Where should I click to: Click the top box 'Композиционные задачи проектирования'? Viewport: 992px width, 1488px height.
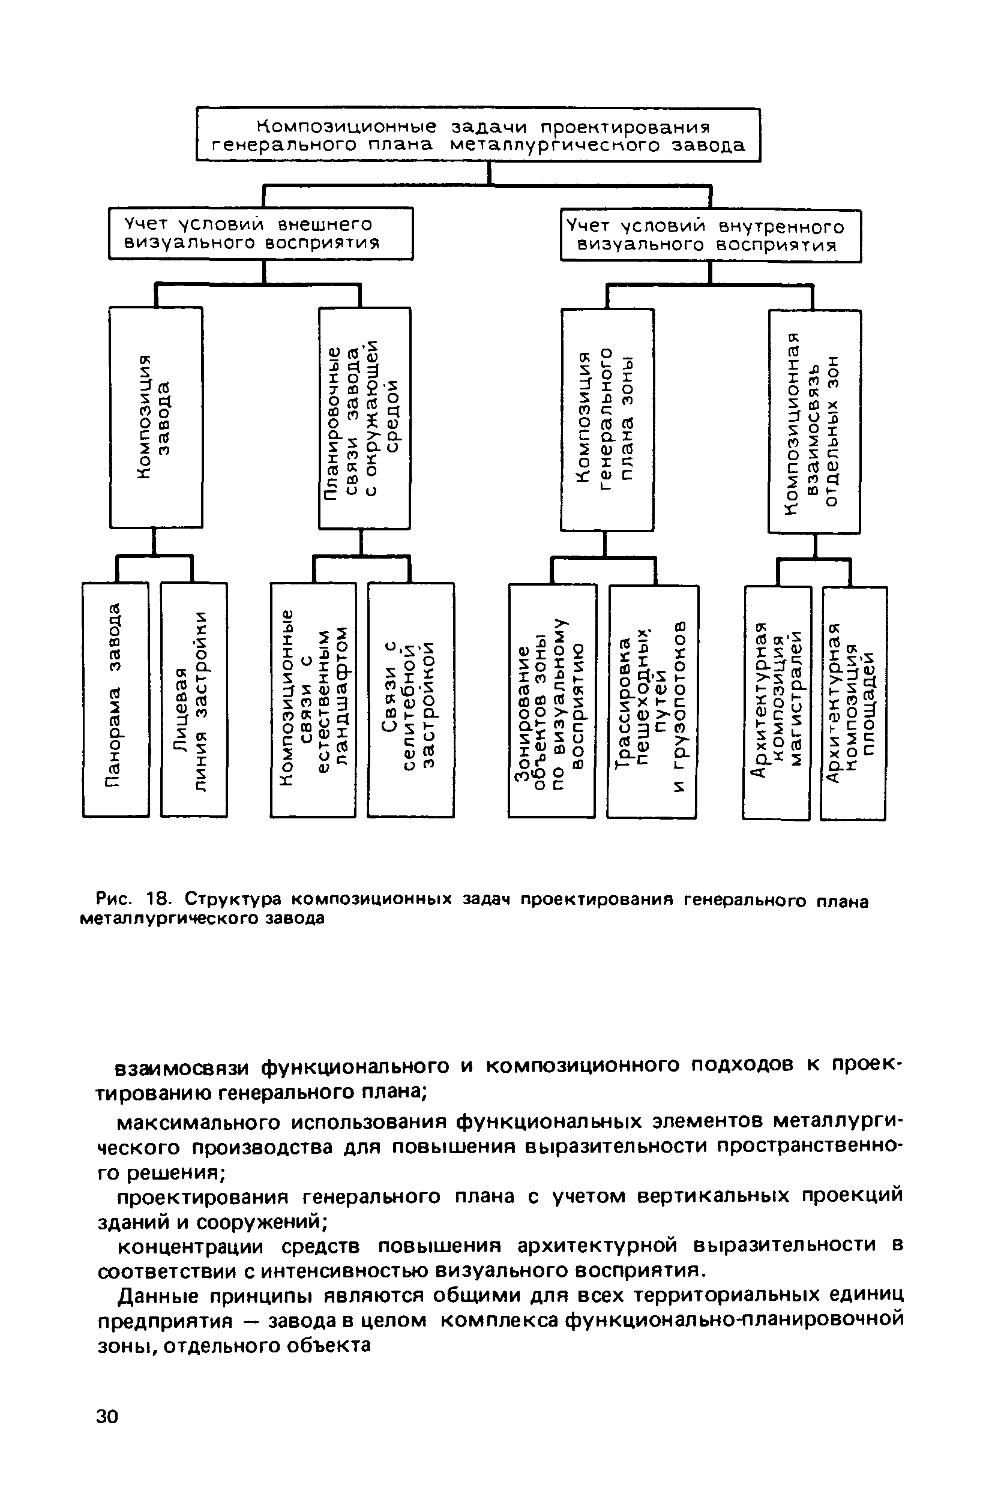pyautogui.click(x=478, y=134)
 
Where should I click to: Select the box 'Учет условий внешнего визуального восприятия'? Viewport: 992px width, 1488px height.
pyautogui.click(x=260, y=233)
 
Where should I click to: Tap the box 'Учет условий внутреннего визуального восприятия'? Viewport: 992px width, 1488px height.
pyautogui.click(x=711, y=235)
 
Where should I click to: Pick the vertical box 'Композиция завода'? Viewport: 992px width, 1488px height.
pyautogui.click(x=155, y=418)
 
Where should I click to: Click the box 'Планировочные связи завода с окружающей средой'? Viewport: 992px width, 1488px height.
pyautogui.click(x=364, y=418)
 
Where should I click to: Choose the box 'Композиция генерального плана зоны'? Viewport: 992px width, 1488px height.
pyautogui.click(x=607, y=420)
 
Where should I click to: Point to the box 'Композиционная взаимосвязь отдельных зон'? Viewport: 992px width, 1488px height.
pyautogui.click(x=814, y=422)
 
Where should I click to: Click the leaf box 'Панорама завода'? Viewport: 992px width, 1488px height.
pyautogui.click(x=116, y=700)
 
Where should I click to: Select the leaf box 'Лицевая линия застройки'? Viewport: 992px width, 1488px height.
pyautogui.click(x=194, y=700)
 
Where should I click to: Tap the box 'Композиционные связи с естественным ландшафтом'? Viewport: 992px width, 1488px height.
pyautogui.click(x=313, y=700)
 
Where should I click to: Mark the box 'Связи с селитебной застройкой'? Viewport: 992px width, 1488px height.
pyautogui.click(x=410, y=700)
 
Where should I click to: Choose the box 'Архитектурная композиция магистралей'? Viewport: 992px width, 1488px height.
pyautogui.click(x=777, y=703)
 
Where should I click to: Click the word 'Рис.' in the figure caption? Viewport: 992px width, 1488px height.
pyautogui.click(x=115, y=899)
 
